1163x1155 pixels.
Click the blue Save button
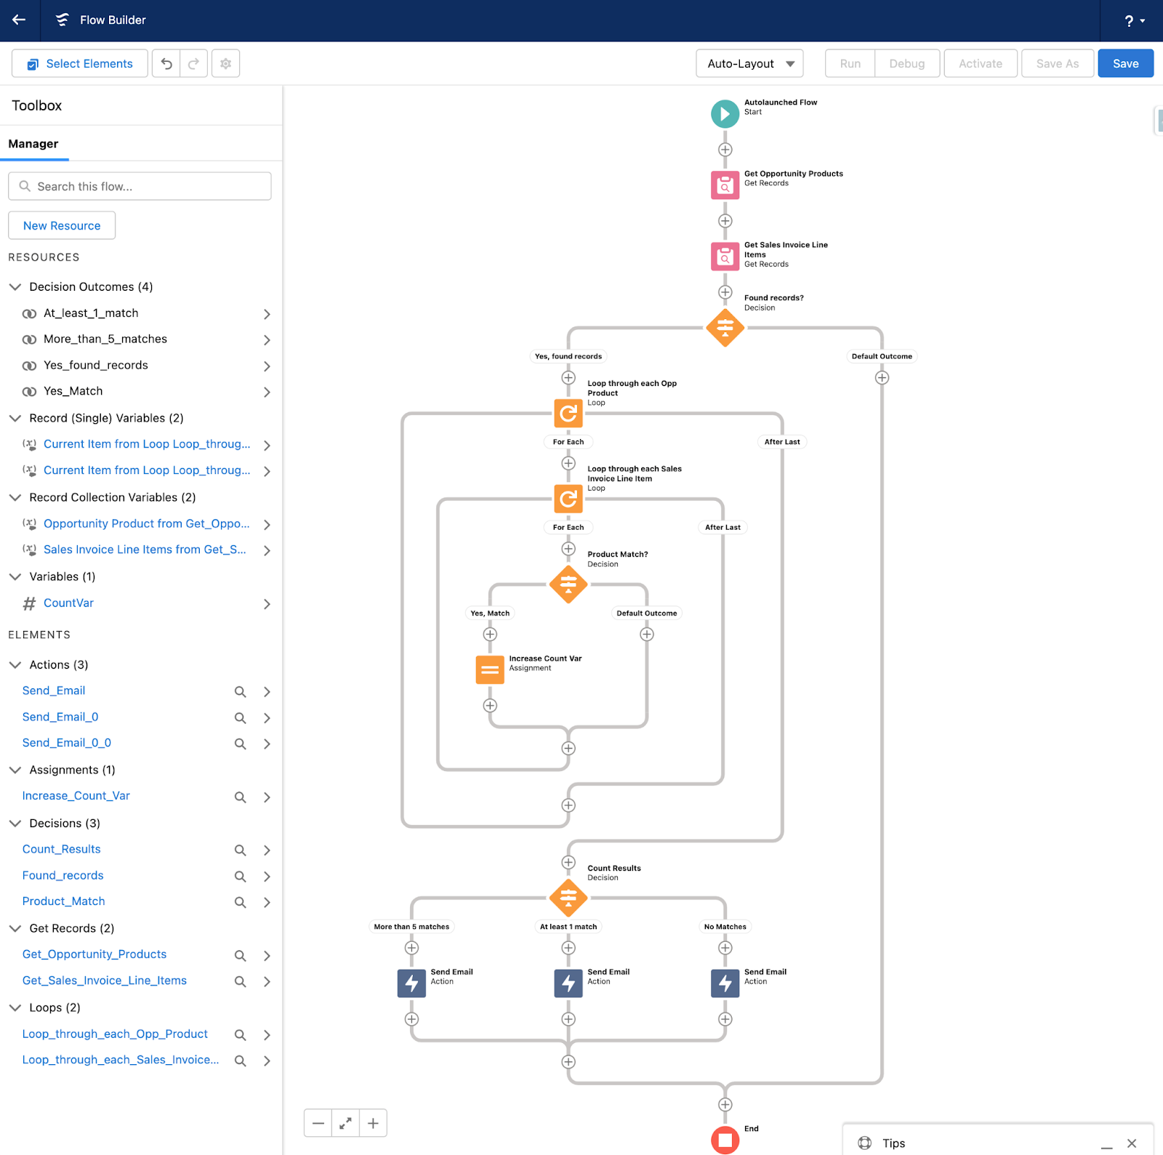1124,64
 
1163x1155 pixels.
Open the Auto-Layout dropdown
749,64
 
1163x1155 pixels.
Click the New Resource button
62,225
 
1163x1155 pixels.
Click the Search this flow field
140,186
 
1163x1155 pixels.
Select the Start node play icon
725,113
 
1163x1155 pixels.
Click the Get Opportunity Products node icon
725,185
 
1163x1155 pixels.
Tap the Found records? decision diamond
725,328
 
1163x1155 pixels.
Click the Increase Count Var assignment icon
490,669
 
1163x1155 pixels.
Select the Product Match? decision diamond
568,584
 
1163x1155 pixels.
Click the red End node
725,1139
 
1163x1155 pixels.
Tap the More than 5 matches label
411,927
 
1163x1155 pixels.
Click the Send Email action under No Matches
725,983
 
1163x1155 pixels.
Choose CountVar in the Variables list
68,603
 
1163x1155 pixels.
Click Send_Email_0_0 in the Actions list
66,743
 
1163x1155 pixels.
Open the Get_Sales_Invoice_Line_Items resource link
104,981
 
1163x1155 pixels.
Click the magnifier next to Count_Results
240,850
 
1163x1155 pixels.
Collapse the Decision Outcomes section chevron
15,286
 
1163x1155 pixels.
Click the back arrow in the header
19,20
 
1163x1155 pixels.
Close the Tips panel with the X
1131,1143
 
